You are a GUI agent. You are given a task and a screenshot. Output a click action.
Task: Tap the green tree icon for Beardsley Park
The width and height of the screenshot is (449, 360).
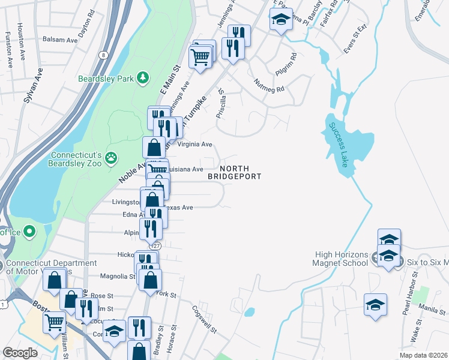tap(142, 77)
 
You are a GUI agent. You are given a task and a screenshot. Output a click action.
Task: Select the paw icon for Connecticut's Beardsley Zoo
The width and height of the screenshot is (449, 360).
tap(111, 158)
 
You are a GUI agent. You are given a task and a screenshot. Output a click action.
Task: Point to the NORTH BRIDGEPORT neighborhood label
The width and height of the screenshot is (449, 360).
tap(235, 173)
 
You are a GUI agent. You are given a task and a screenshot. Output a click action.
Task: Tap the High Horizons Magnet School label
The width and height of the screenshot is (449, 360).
tap(340, 258)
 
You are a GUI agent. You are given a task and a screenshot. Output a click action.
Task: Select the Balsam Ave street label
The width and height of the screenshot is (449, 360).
tap(60, 40)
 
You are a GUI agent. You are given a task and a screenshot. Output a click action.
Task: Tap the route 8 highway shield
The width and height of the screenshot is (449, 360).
tap(104, 55)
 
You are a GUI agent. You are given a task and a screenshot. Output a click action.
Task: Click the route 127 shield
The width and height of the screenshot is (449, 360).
tap(155, 245)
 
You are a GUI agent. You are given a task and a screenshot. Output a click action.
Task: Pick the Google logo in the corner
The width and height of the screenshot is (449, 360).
tap(20, 352)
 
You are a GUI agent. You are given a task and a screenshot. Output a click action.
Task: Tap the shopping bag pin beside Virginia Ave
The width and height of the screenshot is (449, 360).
tap(154, 147)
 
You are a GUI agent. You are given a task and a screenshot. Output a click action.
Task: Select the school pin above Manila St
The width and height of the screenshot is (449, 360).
tap(376, 305)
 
